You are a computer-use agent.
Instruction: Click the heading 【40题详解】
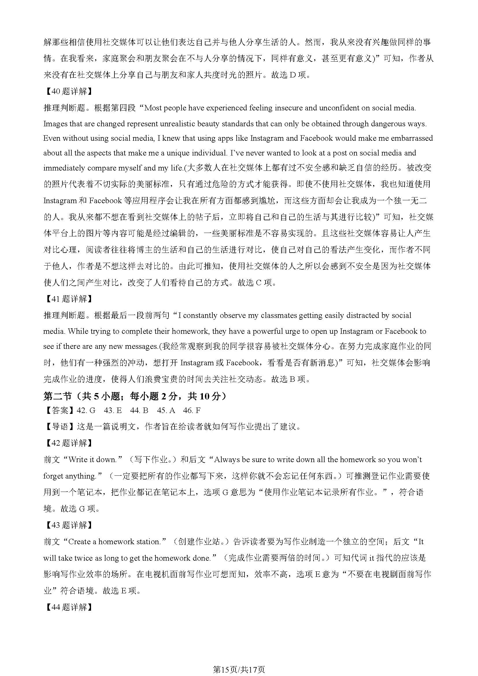(x=68, y=92)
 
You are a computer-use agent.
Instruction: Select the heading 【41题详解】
(x=68, y=299)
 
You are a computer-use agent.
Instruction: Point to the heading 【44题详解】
(x=68, y=607)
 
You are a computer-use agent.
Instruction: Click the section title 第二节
(x=58, y=397)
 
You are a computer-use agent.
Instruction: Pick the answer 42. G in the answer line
(x=86, y=410)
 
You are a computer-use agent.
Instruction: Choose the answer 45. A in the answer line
(x=166, y=410)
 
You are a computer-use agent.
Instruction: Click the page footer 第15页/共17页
(x=239, y=662)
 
